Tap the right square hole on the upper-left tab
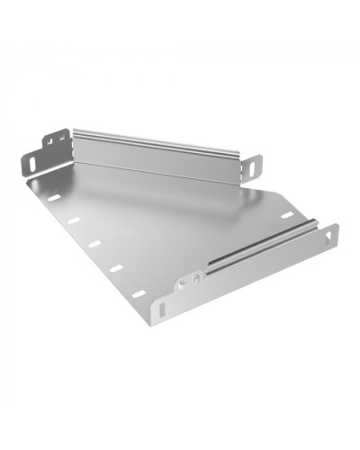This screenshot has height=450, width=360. point(62,139)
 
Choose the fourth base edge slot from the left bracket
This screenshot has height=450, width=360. point(115,267)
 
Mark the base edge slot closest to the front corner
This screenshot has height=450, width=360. point(138,292)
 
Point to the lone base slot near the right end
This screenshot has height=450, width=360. point(287,215)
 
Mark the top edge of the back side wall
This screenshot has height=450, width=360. point(157,138)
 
